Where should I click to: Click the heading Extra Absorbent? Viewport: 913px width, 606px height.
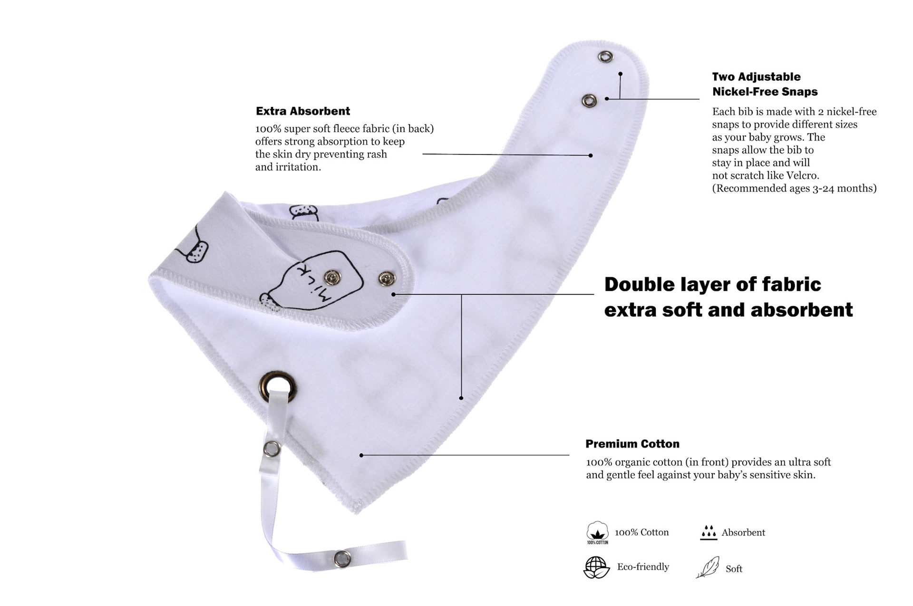point(302,111)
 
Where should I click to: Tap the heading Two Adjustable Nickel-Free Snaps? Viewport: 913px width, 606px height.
point(764,84)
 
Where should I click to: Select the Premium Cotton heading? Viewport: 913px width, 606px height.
point(632,444)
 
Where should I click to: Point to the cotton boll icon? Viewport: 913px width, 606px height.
point(597,531)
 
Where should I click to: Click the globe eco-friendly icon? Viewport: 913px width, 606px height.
point(596,567)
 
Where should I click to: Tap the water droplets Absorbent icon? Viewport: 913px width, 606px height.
point(709,532)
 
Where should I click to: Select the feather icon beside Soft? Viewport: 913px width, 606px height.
point(708,568)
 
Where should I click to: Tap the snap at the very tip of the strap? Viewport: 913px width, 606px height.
point(605,57)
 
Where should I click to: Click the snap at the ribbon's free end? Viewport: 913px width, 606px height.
point(341,558)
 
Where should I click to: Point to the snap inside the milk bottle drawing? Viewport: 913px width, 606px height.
point(331,277)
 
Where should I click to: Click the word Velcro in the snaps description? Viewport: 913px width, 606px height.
point(802,175)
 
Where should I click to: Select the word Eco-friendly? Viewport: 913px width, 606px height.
point(643,567)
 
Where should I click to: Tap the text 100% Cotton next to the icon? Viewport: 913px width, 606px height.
point(641,532)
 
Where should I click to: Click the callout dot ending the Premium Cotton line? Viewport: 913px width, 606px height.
point(361,455)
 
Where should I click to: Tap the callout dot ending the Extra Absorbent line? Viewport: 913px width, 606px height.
point(591,155)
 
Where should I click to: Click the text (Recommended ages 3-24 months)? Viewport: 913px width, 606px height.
point(794,188)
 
